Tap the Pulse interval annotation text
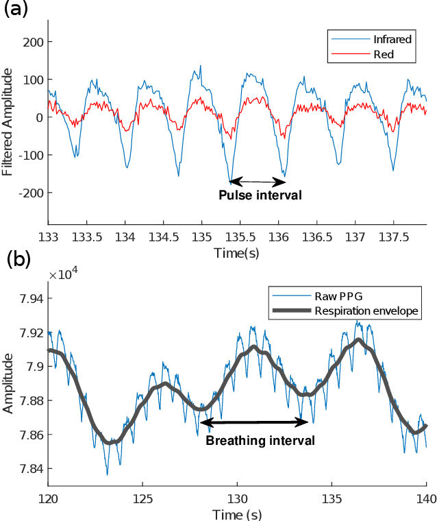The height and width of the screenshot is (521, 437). click(260, 195)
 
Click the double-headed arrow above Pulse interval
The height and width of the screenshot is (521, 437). click(258, 182)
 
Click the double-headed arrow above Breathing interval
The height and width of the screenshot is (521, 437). click(253, 420)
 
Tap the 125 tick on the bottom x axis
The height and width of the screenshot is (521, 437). click(142, 499)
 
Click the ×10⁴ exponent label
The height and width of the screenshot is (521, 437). click(64, 274)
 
